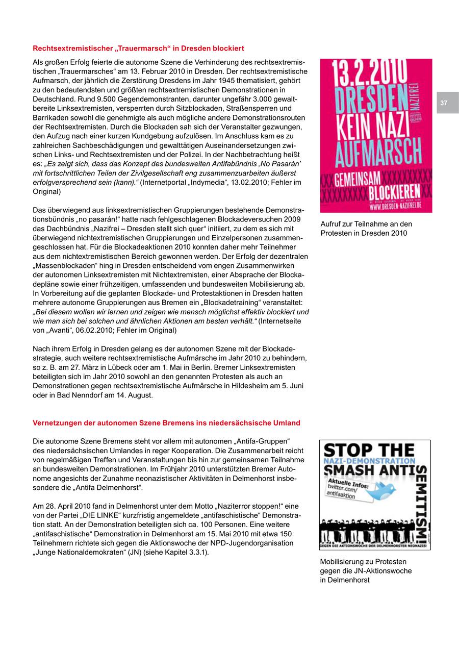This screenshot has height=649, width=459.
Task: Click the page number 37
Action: pos(444,103)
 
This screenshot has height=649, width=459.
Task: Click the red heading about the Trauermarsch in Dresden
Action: pos(138,48)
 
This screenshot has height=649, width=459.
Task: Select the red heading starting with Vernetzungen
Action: pos(166,423)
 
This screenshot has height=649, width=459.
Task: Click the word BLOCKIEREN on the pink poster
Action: pos(394,192)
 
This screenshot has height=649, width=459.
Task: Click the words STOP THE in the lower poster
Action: pos(369,451)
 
